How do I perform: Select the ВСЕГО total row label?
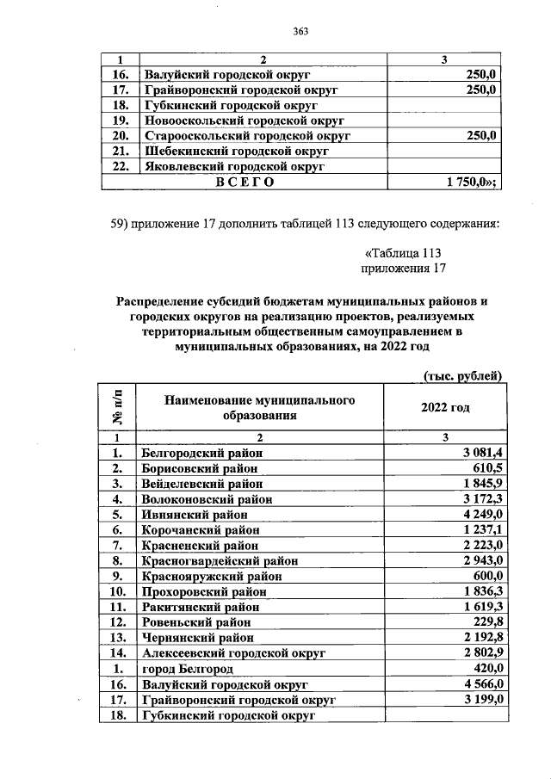245,182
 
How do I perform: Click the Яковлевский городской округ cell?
230,166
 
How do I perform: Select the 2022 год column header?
445,407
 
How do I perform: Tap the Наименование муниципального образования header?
260,408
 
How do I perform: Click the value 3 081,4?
483,452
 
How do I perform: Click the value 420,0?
488,669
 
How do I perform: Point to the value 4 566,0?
483,684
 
